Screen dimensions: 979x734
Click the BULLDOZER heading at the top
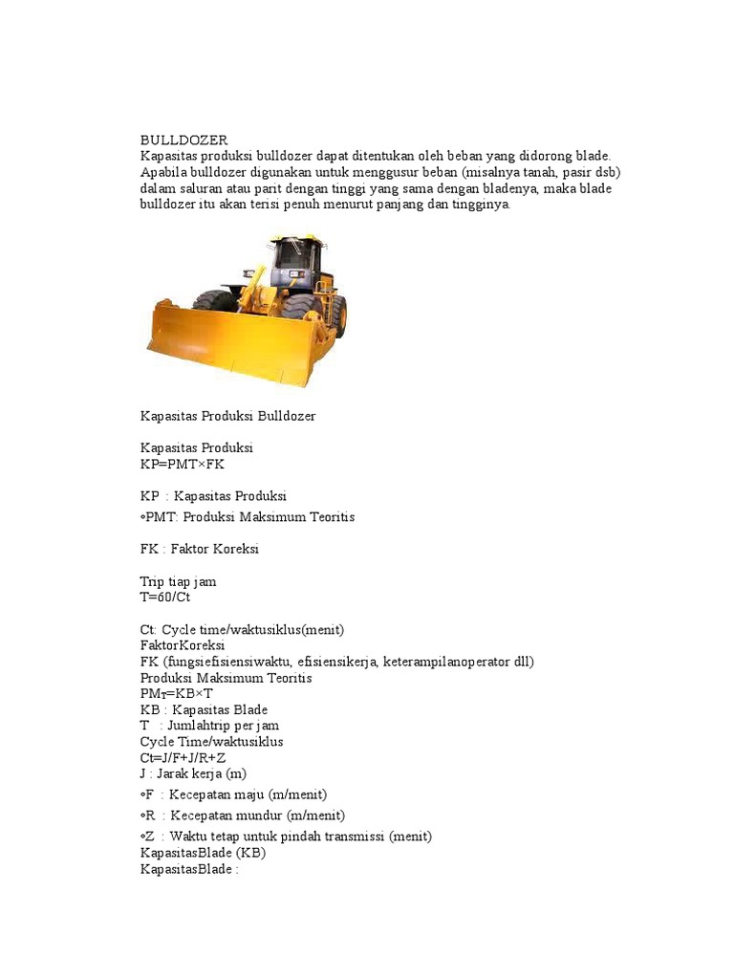pos(184,141)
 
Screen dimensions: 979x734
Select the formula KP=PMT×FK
pos(183,464)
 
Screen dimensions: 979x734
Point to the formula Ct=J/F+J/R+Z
pos(183,757)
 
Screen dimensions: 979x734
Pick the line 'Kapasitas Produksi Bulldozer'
pos(227,417)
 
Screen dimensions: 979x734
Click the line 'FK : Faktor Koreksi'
pos(200,550)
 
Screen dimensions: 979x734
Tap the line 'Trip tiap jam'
pos(178,581)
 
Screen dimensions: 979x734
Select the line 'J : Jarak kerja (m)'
pos(193,773)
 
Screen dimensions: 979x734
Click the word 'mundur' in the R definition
pos(267,816)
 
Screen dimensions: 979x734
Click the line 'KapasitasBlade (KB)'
pos(203,852)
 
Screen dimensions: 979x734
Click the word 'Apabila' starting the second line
pos(163,172)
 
